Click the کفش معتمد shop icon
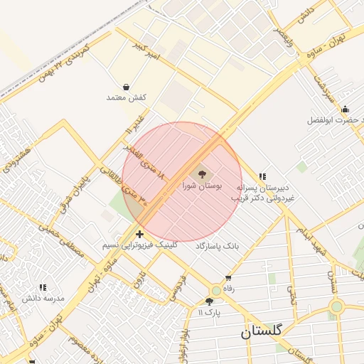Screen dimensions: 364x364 pyautogui.click(x=126, y=87)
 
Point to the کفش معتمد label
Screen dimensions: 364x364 pyautogui.click(x=126, y=97)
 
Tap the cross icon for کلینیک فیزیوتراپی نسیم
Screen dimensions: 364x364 pyautogui.click(x=139, y=233)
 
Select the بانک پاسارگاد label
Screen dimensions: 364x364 pyautogui.click(x=220, y=245)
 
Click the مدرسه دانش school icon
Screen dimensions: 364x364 pyautogui.click(x=43, y=287)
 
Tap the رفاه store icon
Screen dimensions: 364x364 pyautogui.click(x=228, y=278)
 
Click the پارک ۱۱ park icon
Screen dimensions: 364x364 pyautogui.click(x=209, y=301)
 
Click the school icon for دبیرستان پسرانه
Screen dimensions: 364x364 pyautogui.click(x=262, y=176)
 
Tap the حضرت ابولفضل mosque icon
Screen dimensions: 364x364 pyautogui.click(x=346, y=109)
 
